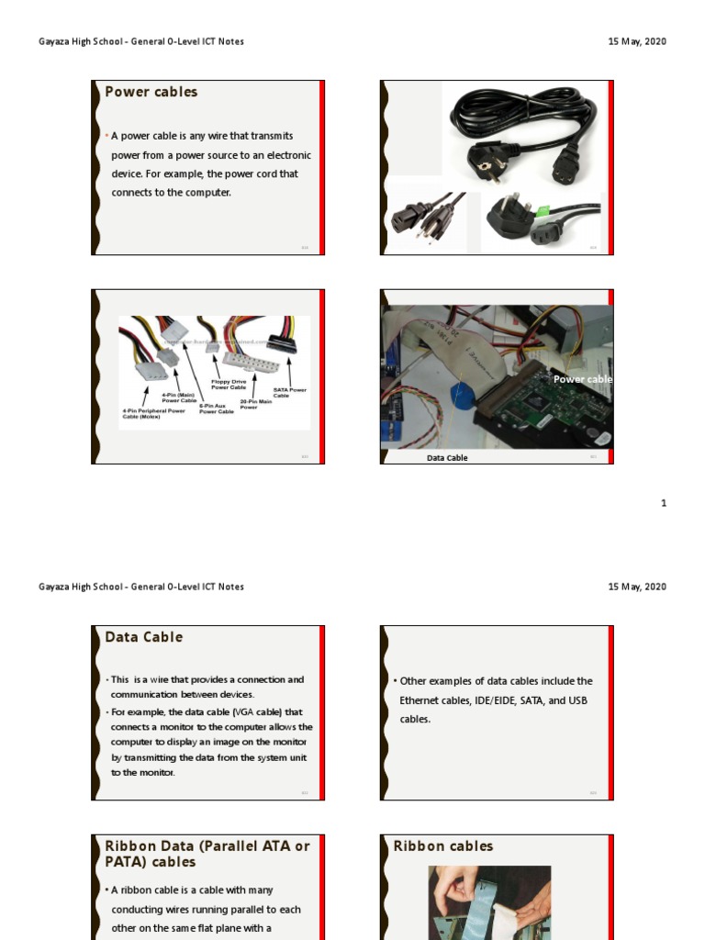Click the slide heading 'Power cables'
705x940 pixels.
[151, 92]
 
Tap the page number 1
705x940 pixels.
[664, 503]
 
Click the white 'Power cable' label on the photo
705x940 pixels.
[582, 379]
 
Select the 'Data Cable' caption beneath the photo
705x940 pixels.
[447, 458]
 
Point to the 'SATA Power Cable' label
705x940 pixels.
[289, 392]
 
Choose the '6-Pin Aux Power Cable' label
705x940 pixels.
[217, 409]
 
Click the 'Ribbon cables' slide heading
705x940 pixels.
[443, 846]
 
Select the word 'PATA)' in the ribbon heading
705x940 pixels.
[127, 862]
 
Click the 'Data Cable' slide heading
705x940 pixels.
[143, 637]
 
